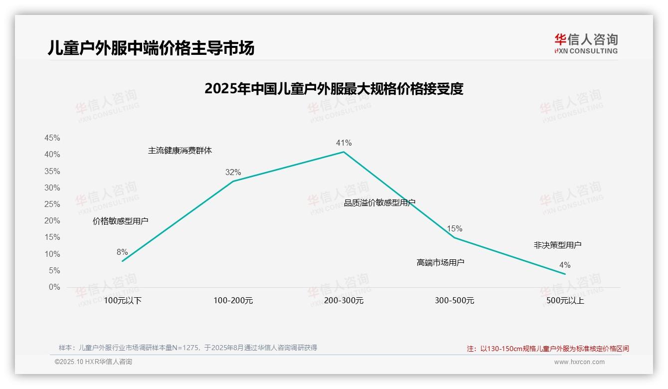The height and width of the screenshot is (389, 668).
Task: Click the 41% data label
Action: pyautogui.click(x=343, y=143)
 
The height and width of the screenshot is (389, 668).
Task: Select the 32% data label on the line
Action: pyautogui.click(x=233, y=173)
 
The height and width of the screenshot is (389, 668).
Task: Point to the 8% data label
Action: pyautogui.click(x=122, y=252)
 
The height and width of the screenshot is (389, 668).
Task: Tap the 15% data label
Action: pyautogui.click(x=454, y=229)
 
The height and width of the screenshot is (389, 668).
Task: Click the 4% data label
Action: pyautogui.click(x=565, y=265)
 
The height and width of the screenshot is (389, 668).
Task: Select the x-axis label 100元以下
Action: pyautogui.click(x=123, y=301)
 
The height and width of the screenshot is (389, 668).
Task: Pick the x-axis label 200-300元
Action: pyautogui.click(x=343, y=301)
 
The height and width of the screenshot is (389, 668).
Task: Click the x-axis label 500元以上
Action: pyautogui.click(x=565, y=301)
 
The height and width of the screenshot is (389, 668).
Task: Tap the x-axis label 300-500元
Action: pyautogui.click(x=454, y=301)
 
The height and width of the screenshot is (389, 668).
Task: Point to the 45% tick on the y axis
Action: pyautogui.click(x=52, y=138)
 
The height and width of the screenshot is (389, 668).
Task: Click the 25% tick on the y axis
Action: pyautogui.click(x=52, y=204)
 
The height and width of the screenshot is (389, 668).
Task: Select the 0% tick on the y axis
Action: pyautogui.click(x=54, y=287)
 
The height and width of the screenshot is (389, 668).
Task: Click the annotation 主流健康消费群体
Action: pyautogui.click(x=179, y=151)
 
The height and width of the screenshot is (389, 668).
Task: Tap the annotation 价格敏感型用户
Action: pyautogui.click(x=120, y=221)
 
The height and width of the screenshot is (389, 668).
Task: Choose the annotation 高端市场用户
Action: pyautogui.click(x=440, y=262)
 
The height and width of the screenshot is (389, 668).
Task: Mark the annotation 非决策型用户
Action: pyautogui.click(x=557, y=245)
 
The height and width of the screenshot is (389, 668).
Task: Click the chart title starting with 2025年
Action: pyautogui.click(x=334, y=89)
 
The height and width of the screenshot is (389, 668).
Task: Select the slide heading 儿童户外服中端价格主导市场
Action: pyautogui.click(x=151, y=48)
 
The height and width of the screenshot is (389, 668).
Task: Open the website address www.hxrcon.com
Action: pyautogui.click(x=579, y=362)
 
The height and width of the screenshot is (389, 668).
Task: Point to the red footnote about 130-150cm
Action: pyautogui.click(x=548, y=349)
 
